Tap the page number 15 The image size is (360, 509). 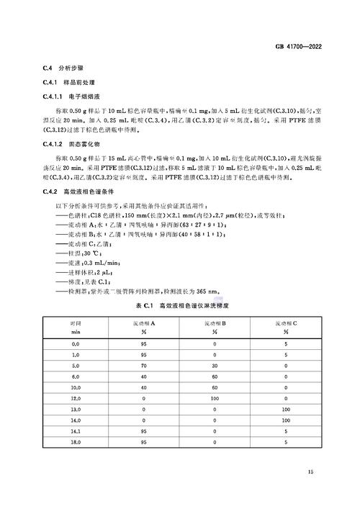(310, 472)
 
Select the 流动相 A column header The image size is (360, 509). (142, 328)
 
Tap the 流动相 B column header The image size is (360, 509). (215, 328)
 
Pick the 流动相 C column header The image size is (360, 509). (287, 328)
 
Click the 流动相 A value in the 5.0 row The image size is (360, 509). (142, 364)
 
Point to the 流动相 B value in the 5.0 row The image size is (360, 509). (215, 364)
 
